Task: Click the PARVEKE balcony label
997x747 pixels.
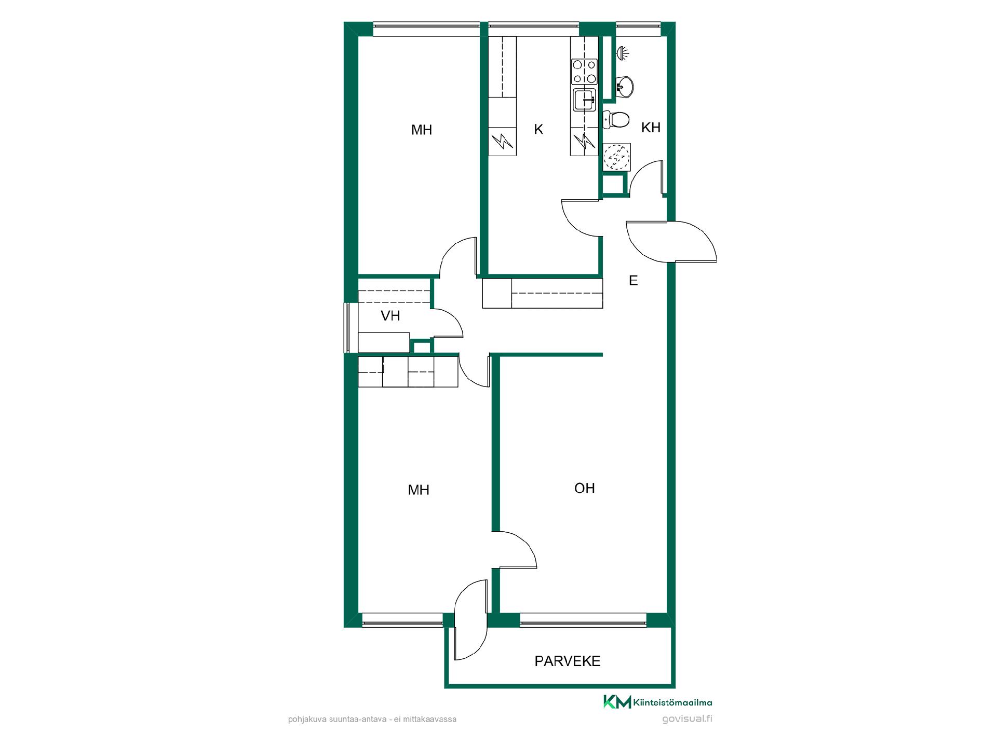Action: point(568,661)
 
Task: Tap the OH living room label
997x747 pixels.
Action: point(585,488)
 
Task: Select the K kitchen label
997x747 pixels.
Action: point(538,130)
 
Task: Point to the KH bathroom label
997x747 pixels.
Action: point(651,128)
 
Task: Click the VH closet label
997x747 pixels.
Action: point(390,315)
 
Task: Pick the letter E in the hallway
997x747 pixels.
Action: point(633,281)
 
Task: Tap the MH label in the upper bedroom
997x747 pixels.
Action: point(422,130)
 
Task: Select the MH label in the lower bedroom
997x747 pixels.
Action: point(419,490)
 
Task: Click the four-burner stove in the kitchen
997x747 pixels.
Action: point(584,72)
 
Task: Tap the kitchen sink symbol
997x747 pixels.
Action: point(585,100)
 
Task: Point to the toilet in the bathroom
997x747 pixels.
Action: point(616,119)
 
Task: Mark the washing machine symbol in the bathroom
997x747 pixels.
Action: point(616,157)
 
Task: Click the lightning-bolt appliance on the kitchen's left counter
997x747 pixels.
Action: point(502,141)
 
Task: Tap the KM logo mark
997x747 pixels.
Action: point(617,702)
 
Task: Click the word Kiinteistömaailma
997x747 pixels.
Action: point(673,703)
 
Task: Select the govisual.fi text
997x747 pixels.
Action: point(688,719)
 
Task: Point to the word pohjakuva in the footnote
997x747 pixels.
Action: point(304,720)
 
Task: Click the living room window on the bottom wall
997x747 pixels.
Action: point(583,620)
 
